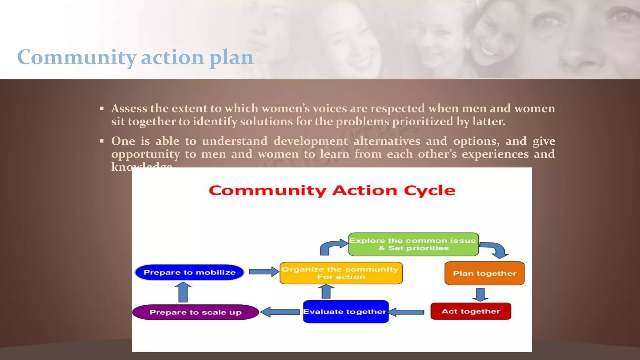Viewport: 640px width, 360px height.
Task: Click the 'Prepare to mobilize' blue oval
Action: pos(189,272)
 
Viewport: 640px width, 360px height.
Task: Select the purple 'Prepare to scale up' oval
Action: pos(196,312)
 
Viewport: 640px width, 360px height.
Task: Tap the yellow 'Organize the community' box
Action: pos(341,273)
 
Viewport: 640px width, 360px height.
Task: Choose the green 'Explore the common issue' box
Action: pos(413,244)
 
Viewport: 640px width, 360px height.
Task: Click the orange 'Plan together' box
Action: pos(484,273)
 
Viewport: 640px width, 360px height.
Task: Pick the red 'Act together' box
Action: pos(471,311)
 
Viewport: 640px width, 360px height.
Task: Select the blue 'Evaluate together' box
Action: pos(346,312)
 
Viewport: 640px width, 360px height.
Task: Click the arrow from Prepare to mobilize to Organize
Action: pos(264,272)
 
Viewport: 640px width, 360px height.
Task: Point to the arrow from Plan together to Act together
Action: pos(480,294)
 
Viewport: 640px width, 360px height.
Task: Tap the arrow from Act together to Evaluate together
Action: pos(406,312)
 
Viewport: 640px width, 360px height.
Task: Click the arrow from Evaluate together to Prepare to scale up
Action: pos(280,312)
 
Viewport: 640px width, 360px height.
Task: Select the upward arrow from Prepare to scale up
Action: pos(183,292)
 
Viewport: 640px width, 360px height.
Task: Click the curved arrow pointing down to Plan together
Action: pos(495,249)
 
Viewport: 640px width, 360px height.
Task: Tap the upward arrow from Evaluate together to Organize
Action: pos(326,292)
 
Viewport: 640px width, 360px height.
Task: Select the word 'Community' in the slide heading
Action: pos(77,57)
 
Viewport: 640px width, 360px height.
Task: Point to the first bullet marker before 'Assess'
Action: pos(102,109)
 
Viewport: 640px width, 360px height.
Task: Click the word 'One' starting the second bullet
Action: pos(123,141)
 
